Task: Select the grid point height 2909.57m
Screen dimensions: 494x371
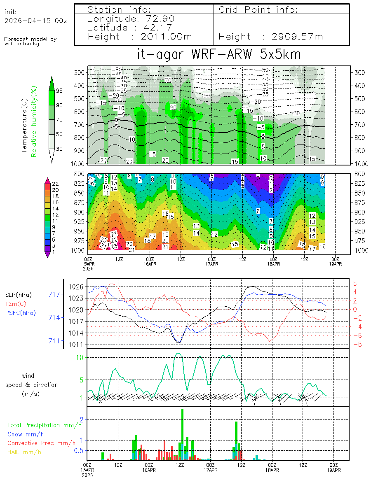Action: pos(298,37)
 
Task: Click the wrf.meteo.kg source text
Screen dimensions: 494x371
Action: pos(22,44)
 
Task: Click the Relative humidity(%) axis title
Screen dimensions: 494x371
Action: pos(35,121)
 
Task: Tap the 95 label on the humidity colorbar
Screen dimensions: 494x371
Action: pos(59,91)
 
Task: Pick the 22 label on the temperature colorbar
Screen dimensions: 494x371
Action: pos(56,183)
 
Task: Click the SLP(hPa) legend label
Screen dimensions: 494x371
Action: pos(19,295)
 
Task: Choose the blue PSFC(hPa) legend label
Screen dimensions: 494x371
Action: pos(20,313)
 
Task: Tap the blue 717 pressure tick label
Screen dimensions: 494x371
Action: pos(54,294)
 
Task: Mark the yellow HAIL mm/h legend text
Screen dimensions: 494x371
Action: pos(24,452)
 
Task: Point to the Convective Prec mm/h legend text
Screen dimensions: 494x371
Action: pos(41,443)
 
